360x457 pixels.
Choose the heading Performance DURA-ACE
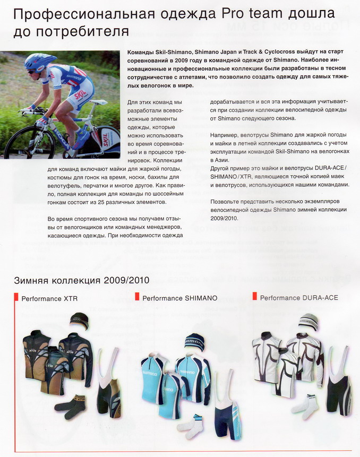tap(299, 298)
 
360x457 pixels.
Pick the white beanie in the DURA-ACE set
tap(308, 322)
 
